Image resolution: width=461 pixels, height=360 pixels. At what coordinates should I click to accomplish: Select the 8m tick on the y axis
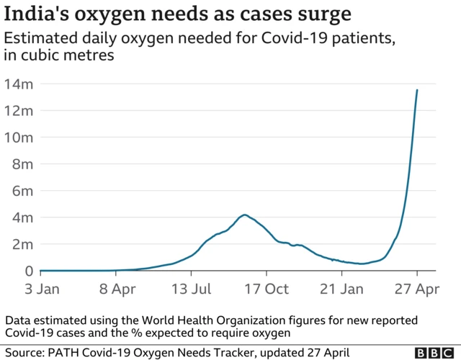point(21,164)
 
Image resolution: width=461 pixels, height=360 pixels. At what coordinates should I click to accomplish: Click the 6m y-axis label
point(21,191)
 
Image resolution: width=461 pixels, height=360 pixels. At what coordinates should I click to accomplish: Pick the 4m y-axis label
point(21,217)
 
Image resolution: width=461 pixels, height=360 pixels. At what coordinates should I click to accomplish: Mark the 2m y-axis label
point(21,244)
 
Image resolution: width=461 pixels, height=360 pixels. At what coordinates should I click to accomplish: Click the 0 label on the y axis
point(30,271)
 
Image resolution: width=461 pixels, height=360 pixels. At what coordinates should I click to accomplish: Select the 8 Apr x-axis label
point(116,289)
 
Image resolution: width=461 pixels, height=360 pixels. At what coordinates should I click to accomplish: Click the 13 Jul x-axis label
point(192,289)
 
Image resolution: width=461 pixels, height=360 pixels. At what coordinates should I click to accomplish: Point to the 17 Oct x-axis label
point(267,289)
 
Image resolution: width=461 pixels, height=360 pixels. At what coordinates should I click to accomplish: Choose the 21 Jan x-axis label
point(342,289)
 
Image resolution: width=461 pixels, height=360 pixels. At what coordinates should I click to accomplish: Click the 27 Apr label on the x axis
point(417,289)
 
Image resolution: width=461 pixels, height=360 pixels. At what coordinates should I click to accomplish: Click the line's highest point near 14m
point(417,90)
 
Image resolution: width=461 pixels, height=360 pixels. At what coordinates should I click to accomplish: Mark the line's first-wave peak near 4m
point(246,215)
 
